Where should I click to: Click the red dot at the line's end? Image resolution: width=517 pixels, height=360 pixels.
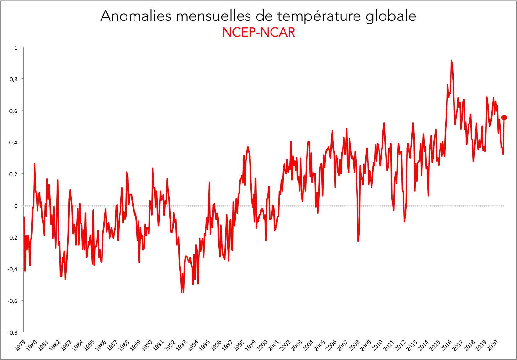coord(504,118)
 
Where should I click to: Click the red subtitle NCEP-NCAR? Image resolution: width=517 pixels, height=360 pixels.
coord(259,33)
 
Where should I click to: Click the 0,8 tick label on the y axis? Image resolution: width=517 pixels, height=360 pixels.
coord(14,79)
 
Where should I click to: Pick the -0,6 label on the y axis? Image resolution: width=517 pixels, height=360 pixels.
coord(13,301)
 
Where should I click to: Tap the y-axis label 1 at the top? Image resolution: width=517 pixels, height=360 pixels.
coord(16,48)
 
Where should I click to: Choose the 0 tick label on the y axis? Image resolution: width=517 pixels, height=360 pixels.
coord(16,206)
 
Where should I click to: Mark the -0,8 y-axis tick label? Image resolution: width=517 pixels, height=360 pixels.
coord(13,333)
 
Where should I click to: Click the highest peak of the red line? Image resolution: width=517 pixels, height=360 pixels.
coord(451,61)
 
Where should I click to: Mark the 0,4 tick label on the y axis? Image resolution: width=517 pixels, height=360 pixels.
coord(14,143)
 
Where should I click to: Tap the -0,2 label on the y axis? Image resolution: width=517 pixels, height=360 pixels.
coord(13,238)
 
